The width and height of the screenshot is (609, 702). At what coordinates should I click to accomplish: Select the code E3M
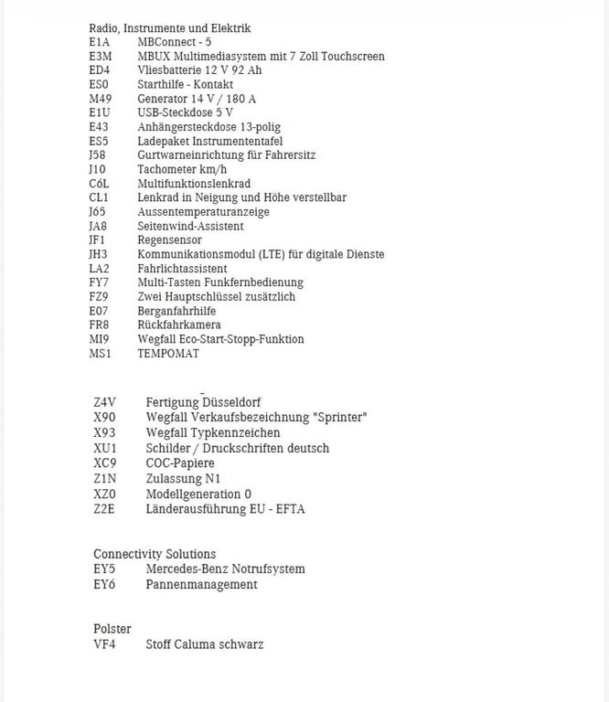coord(101,57)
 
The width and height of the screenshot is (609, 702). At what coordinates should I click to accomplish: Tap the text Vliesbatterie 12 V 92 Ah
coord(199,70)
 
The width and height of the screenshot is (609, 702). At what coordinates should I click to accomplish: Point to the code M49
coord(101,99)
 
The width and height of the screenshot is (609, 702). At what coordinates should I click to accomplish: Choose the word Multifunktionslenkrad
coord(194,184)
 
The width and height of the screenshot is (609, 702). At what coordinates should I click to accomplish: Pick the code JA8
coord(99,226)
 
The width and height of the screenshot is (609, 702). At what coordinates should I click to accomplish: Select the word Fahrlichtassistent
coord(182,269)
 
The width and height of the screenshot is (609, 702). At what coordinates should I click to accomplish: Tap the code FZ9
coord(99,297)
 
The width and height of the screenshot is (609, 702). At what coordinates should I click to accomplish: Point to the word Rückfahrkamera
coord(179,325)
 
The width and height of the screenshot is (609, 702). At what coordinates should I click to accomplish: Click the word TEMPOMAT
coord(168,354)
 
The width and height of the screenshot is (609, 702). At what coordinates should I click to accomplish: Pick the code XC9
coord(104,463)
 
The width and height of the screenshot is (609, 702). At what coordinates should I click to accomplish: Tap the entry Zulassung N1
coord(183,478)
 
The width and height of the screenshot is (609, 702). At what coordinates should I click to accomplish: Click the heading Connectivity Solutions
coord(155,554)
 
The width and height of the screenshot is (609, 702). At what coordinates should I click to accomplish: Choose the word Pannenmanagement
coord(201,584)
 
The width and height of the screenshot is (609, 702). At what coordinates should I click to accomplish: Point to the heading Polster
coord(112,629)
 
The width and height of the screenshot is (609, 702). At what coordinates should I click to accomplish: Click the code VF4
coord(104,644)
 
